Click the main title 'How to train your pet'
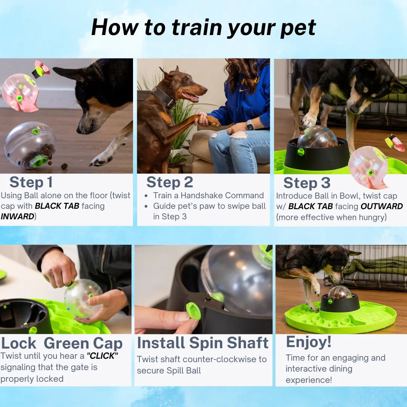203,27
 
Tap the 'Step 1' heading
31,182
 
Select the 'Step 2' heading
170,182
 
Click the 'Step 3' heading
307,183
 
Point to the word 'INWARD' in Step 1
17,217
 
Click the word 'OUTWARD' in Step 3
381,207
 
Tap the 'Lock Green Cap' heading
62,343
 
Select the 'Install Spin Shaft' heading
203,343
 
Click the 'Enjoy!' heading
309,342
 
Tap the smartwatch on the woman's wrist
250,125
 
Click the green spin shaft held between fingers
193,311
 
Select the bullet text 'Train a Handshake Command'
208,196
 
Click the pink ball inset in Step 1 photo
20,93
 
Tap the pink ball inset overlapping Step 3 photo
368,167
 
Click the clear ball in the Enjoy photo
339,292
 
